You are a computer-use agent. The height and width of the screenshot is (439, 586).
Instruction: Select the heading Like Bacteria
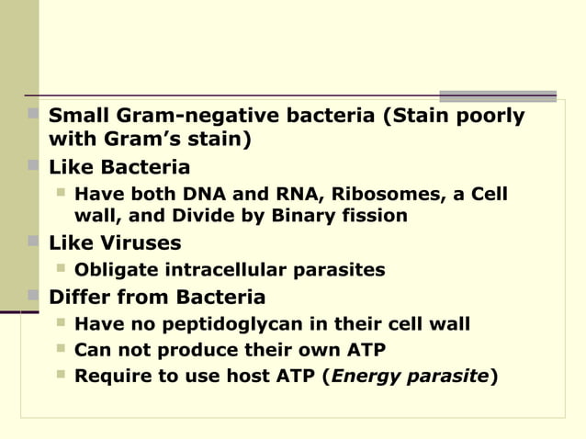[x=119, y=168]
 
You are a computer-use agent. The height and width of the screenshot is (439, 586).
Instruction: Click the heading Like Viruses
[x=114, y=243]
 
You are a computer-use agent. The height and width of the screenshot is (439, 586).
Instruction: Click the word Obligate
[x=116, y=270]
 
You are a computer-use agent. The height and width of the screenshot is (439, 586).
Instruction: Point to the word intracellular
[x=225, y=270]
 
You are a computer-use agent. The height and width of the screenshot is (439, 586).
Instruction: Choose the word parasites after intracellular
[x=339, y=270]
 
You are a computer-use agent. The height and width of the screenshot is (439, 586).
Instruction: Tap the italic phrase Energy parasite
[x=411, y=376]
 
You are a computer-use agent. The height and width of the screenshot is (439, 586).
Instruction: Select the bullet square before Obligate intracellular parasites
[x=61, y=269]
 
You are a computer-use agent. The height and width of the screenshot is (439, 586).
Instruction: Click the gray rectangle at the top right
[x=497, y=96]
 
